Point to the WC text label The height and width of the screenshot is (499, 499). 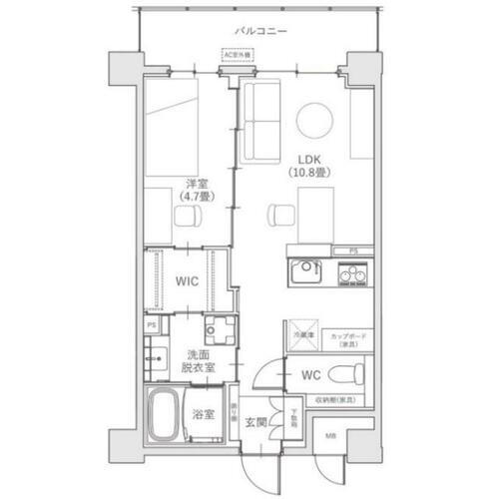[x=309, y=376]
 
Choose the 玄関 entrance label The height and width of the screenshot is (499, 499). [x=257, y=421]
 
